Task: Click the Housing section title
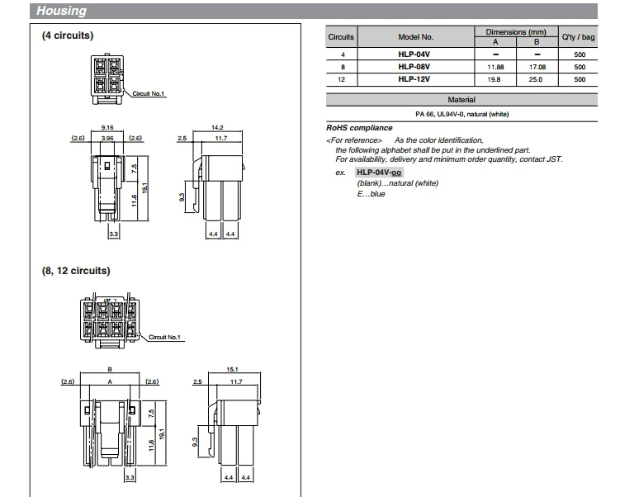point(62,12)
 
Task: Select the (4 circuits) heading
point(68,36)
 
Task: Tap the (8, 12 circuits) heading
point(76,271)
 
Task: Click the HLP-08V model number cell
point(415,67)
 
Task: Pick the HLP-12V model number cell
point(415,79)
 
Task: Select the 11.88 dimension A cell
point(495,67)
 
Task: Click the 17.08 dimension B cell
point(536,67)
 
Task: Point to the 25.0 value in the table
point(536,79)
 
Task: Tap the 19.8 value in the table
point(495,79)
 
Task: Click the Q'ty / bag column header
point(578,37)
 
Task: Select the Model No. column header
point(415,37)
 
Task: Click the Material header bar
point(461,100)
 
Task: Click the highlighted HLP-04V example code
point(378,172)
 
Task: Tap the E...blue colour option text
point(371,194)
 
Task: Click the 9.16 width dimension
point(106,128)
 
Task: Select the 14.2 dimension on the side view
point(217,128)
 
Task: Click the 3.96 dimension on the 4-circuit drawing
point(106,138)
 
